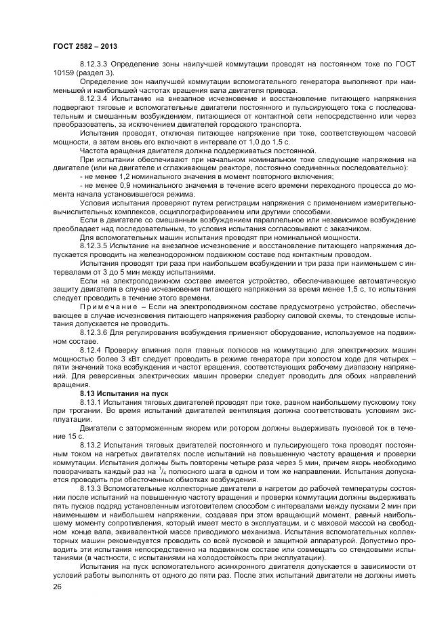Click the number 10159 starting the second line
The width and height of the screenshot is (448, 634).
[64, 72]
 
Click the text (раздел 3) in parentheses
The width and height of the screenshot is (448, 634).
[97, 72]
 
